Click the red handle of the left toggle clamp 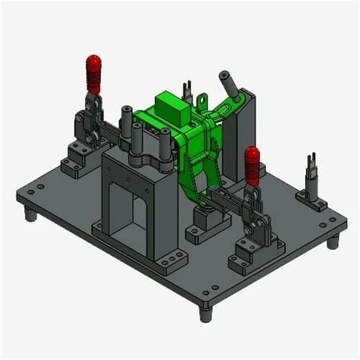click(x=94, y=73)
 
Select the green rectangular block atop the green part click(x=170, y=109)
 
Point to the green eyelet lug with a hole click(x=201, y=99)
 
